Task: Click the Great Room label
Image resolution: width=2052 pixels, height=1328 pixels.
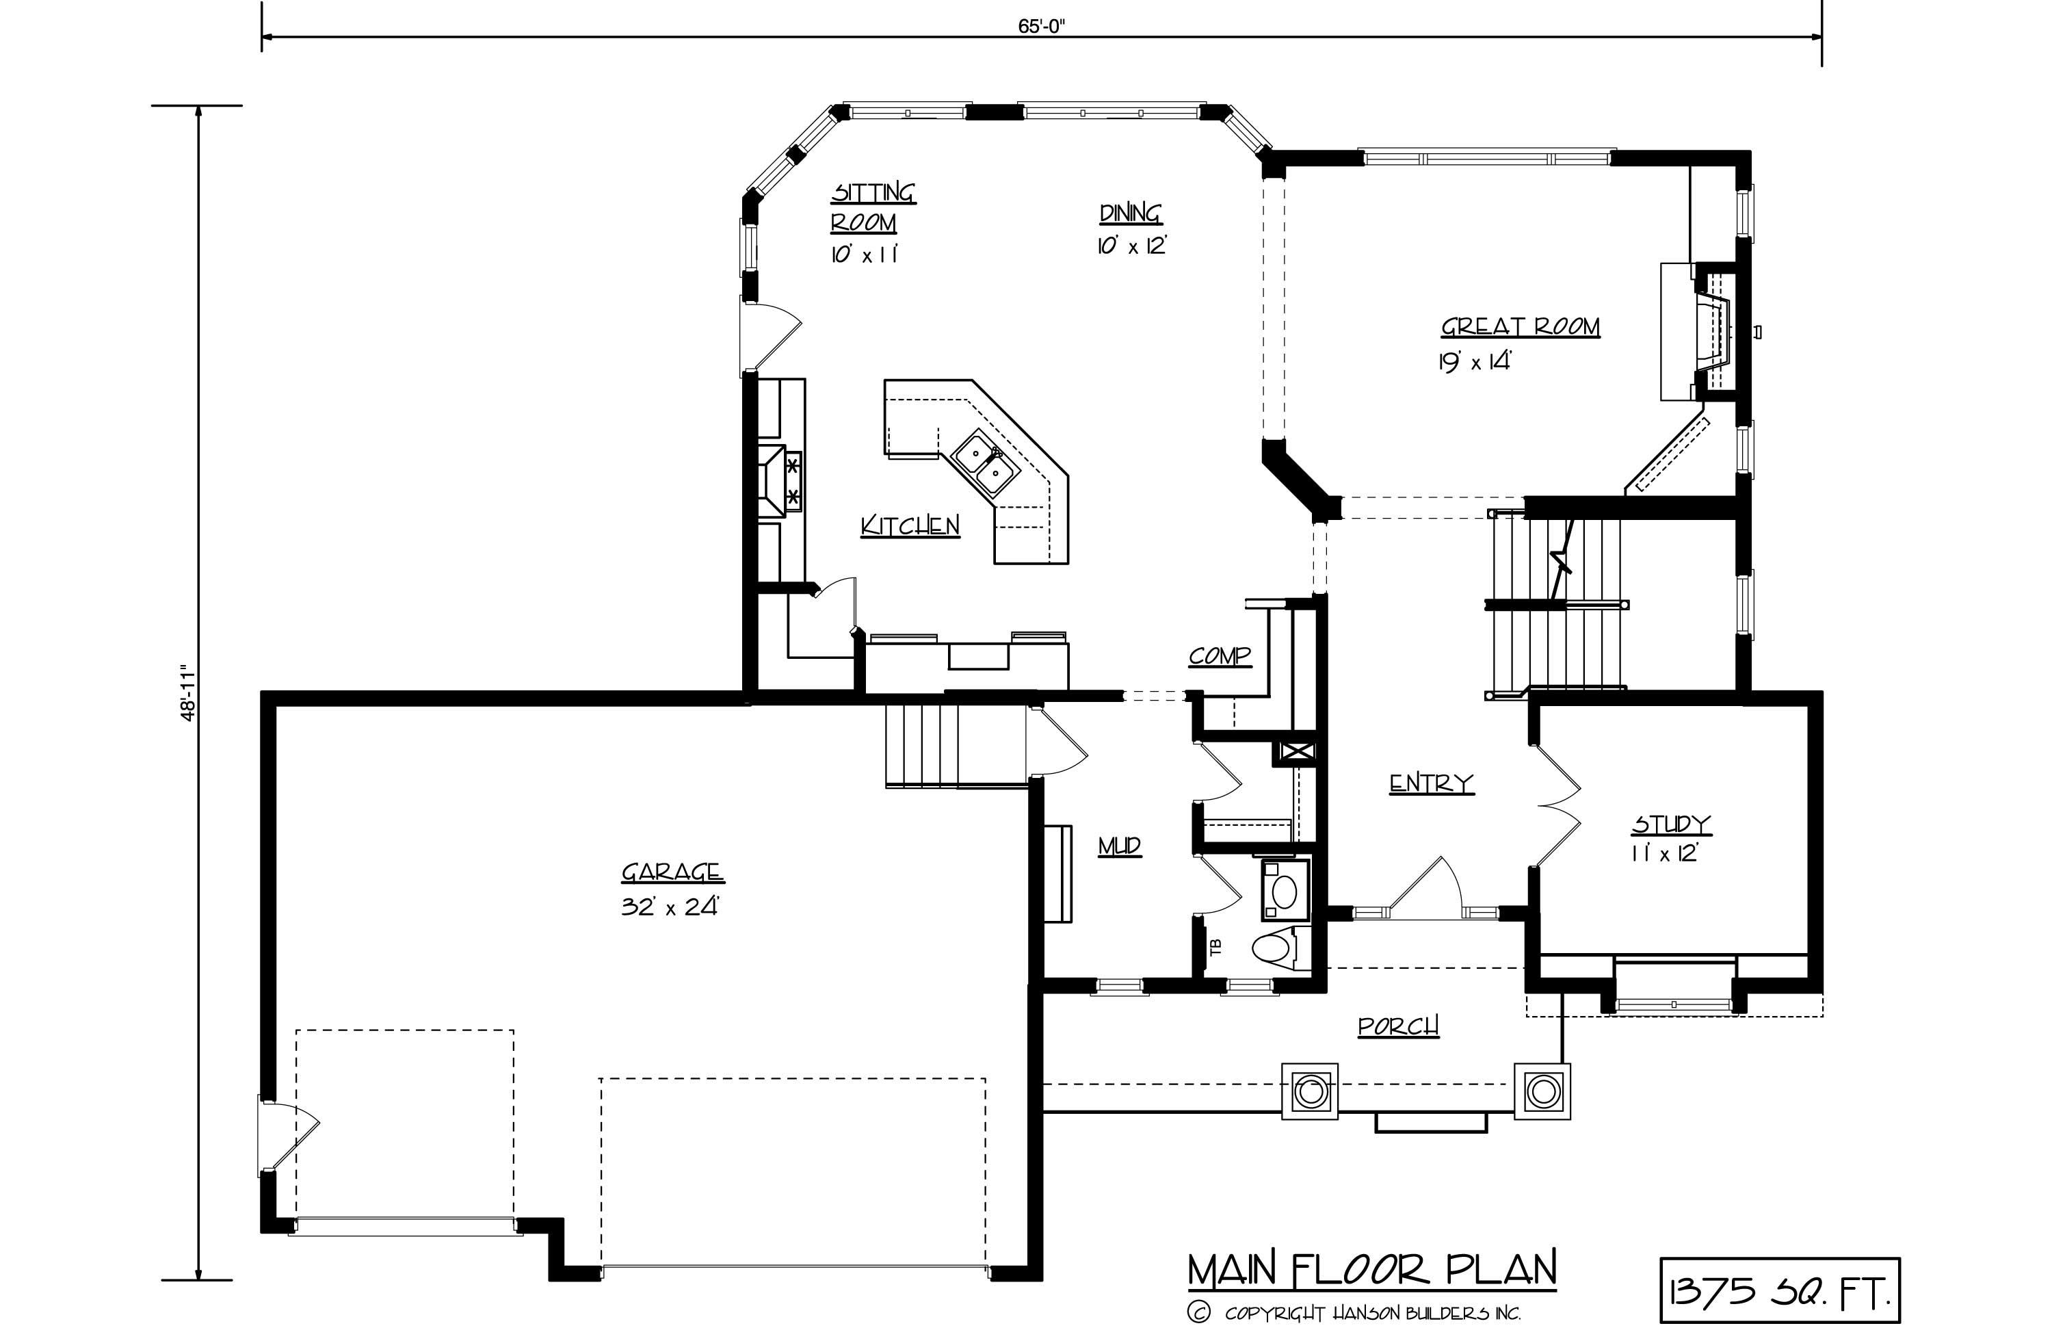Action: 1519,328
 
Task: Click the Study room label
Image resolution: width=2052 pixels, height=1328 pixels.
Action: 1671,825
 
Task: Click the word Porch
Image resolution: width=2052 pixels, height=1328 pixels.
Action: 1397,1026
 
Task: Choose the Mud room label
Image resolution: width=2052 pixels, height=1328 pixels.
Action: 1119,847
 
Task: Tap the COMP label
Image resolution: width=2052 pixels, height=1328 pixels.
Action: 1219,657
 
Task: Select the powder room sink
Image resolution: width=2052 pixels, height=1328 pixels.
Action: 1284,889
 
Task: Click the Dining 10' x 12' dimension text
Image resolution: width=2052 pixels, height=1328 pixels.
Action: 1131,246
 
